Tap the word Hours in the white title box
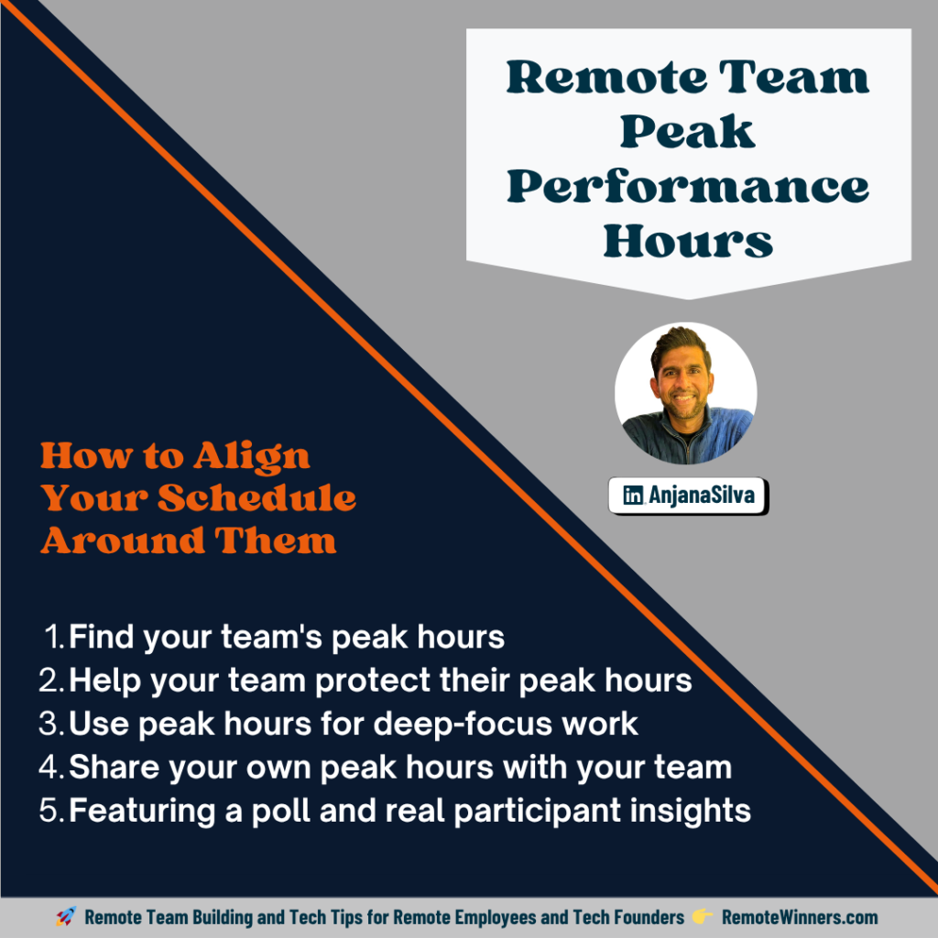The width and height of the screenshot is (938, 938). [x=688, y=242]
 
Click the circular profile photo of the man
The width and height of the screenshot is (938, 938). [x=685, y=392]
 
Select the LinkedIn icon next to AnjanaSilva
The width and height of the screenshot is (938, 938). [x=632, y=496]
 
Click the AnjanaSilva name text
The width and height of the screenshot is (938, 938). [x=703, y=496]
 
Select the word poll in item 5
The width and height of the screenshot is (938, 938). [x=351, y=811]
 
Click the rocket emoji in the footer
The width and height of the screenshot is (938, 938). [x=65, y=917]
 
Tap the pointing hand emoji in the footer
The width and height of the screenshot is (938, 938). [x=703, y=917]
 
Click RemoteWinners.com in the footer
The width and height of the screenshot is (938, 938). [x=800, y=917]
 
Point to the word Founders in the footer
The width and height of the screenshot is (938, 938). [x=646, y=917]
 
